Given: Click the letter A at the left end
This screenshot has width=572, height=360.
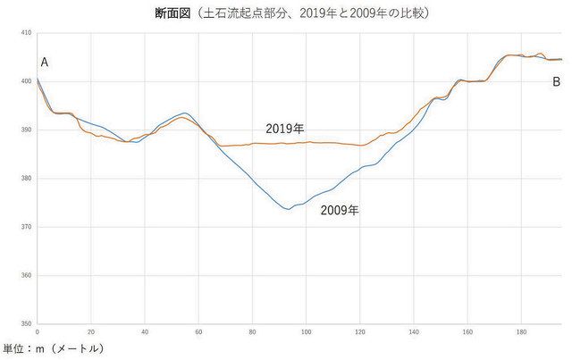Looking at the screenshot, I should coord(44,62).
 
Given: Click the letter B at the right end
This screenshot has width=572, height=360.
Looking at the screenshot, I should coord(556,81).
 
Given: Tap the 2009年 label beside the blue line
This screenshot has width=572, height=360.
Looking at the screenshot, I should coord(340,212).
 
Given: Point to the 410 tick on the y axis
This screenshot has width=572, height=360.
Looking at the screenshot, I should coord(26,33).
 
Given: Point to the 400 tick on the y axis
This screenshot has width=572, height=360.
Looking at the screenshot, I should coord(26,81).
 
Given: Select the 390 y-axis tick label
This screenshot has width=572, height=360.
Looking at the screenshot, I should coord(26,130).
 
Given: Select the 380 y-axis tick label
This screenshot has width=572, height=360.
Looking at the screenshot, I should coord(26,179).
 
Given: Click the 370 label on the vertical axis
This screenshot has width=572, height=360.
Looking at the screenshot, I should coord(26,227).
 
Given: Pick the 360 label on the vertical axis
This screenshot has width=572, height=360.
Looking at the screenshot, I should coord(26,275).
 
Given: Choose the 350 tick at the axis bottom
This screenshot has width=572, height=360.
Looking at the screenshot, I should coord(26,323).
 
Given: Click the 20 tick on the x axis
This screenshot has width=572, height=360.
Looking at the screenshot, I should coord(91,331).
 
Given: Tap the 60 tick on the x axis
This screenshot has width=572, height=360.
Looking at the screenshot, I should coord(198,331).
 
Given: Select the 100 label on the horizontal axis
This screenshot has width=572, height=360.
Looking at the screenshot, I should coord(307,331).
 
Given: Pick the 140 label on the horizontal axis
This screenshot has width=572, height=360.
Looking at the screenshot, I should coord(414,331).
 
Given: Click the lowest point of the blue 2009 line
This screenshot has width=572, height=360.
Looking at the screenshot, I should coord(287,209).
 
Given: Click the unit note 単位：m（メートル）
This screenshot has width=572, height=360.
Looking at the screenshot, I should coord(54,347).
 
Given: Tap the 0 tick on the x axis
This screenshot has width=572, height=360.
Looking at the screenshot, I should coord(38,331).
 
